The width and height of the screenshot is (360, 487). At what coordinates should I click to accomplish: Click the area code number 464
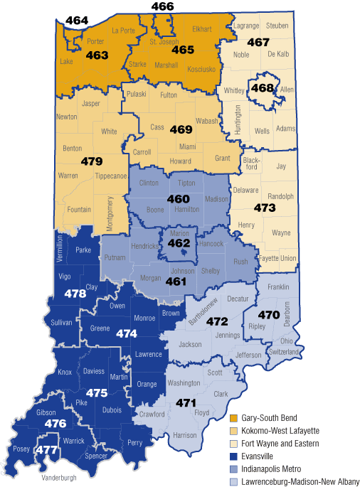coord(76,21)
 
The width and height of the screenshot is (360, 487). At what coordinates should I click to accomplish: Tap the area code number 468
coord(263,88)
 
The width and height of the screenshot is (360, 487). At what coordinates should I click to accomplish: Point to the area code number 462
coord(179,243)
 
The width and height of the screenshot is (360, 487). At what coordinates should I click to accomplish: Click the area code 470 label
coord(268,315)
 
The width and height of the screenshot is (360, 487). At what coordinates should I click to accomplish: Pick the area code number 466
coord(162,7)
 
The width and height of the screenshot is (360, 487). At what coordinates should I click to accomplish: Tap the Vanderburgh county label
coord(59,477)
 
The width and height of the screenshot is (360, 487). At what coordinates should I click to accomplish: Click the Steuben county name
coord(277,26)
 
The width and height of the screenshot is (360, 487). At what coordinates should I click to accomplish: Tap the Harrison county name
coord(184,434)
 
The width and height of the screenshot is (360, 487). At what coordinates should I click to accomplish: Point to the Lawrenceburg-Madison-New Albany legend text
coord(300,481)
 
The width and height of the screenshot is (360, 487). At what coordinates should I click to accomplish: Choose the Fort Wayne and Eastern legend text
coord(279,443)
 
